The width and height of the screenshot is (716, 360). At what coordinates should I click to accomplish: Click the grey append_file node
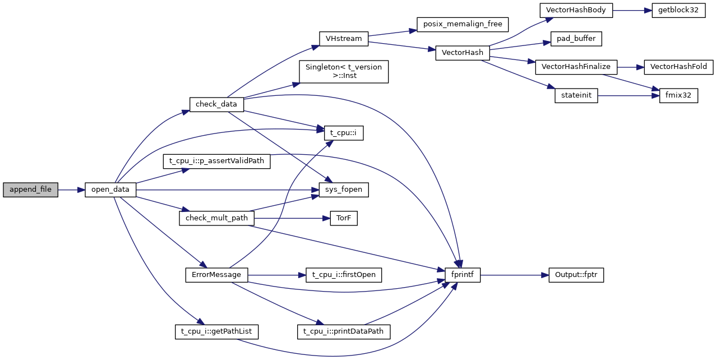[30, 190]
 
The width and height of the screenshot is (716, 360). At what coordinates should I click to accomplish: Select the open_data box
[110, 190]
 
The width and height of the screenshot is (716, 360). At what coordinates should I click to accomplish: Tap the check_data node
[216, 104]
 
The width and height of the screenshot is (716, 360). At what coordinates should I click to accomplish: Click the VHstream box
[344, 39]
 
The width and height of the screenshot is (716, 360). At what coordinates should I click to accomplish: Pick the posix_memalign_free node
[463, 25]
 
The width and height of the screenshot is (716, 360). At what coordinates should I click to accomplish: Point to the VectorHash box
[463, 53]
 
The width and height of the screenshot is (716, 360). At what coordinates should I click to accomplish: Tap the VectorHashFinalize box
[576, 67]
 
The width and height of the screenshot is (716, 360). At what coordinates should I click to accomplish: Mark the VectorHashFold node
[678, 67]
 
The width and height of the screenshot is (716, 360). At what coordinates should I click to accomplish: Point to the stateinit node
[576, 96]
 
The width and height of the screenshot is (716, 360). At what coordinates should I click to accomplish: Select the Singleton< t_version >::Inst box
[344, 72]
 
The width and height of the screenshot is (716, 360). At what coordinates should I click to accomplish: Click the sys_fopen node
[344, 190]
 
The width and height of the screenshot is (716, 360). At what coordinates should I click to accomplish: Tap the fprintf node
[463, 275]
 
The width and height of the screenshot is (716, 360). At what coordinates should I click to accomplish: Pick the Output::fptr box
[576, 275]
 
